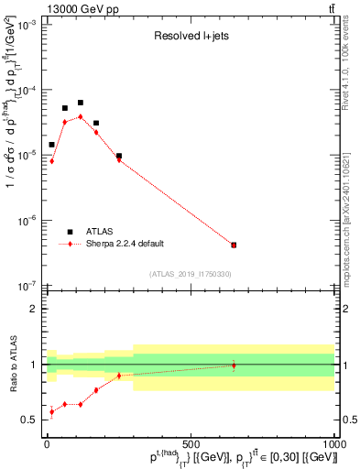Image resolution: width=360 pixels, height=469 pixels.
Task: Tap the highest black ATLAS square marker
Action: [81, 103]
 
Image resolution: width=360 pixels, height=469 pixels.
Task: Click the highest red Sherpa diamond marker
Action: [81, 116]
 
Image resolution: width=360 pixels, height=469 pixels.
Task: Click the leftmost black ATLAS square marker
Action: [51, 145]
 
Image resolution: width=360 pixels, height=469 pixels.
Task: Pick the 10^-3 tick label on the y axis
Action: [28, 26]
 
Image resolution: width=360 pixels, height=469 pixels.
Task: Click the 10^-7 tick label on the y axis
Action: [28, 286]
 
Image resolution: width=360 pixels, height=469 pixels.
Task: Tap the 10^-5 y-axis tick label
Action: [28, 156]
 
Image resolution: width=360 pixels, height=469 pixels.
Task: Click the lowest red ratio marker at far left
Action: [51, 411]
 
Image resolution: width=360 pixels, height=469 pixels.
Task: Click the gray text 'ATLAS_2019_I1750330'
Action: [191, 274]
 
